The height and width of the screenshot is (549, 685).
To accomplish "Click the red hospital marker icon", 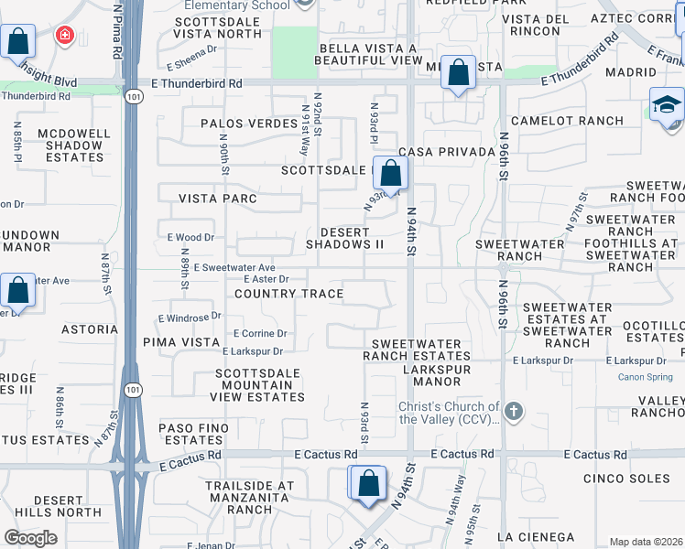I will pos(64,36).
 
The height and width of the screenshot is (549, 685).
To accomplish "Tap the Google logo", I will pos(30,537).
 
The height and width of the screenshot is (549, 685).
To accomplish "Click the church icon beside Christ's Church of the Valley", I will pos(513,411).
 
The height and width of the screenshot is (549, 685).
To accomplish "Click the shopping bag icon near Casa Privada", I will pos(390,172).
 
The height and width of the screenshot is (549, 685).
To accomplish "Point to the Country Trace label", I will pos(289,294).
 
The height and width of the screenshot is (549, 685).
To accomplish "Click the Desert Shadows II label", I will pos(344,238).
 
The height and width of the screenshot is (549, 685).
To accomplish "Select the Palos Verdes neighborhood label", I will pos(242,123).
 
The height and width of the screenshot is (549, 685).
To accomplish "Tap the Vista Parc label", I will pos(218,199).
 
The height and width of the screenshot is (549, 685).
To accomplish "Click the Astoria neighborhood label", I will pos(89,329).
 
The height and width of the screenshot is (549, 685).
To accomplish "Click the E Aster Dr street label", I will pos(266,279).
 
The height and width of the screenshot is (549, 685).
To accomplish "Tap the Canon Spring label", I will pos(646,377).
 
